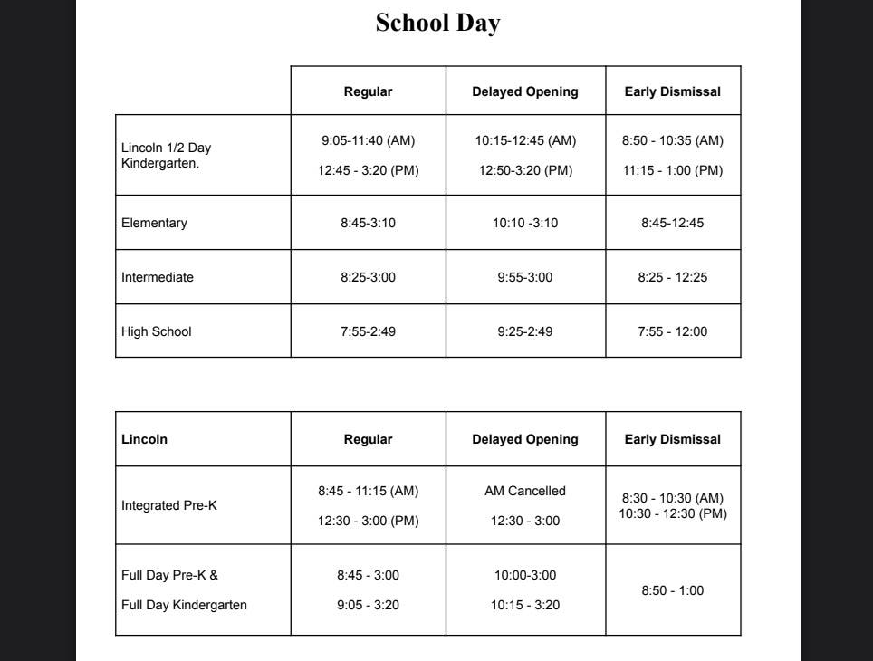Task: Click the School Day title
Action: [x=437, y=23]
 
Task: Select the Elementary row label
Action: [x=154, y=223]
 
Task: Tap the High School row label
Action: [x=156, y=331]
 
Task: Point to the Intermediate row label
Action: [x=157, y=277]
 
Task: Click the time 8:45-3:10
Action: [x=368, y=223]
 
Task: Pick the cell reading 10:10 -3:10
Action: [x=525, y=223]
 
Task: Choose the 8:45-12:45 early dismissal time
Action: [x=672, y=223]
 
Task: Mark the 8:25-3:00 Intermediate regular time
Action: [x=368, y=277]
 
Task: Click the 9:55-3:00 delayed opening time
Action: [x=525, y=277]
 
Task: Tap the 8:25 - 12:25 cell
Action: [x=672, y=277]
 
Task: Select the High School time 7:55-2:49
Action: [x=368, y=331]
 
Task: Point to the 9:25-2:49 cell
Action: [x=525, y=331]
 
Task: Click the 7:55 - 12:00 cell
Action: [x=672, y=331]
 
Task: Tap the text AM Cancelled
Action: [x=525, y=491]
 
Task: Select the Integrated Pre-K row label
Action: [x=168, y=505]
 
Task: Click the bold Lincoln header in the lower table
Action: [x=144, y=439]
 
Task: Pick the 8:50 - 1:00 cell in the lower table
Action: [x=672, y=590]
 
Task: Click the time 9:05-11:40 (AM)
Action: [x=368, y=140]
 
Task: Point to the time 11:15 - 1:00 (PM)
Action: [x=672, y=170]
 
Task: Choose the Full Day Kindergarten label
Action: [x=184, y=605]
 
